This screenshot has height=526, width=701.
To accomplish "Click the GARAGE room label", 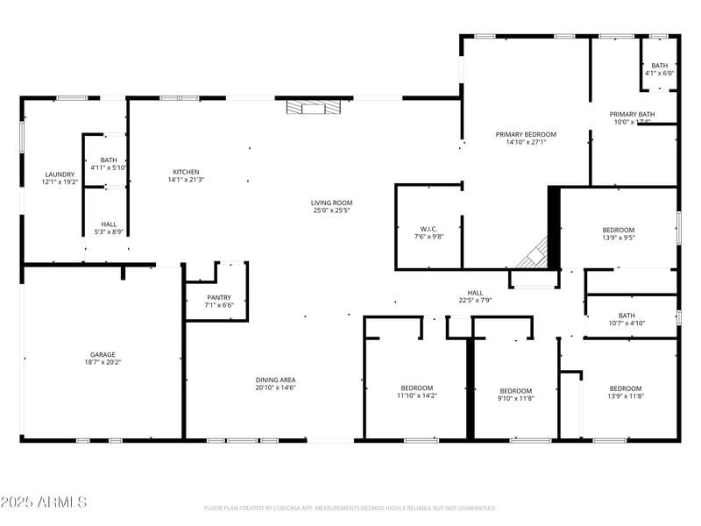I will [x=103, y=353].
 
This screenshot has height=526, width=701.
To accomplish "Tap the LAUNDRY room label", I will [x=60, y=174].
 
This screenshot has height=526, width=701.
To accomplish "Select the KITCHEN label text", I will [x=186, y=172].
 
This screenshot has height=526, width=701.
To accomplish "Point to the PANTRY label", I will [x=218, y=297].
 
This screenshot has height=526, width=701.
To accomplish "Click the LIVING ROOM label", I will [x=331, y=203].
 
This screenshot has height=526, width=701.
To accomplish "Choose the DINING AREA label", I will [x=275, y=380].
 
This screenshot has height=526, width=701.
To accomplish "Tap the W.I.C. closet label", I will [x=428, y=228].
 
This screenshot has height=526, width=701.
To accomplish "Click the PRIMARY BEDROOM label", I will [x=526, y=134].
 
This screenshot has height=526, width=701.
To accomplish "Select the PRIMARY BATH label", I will [x=632, y=114].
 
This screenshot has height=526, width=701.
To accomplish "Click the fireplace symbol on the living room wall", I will [x=313, y=108].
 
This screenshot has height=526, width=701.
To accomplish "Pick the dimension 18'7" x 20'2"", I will [x=103, y=362].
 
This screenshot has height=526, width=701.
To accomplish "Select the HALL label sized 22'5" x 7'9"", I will [x=474, y=293].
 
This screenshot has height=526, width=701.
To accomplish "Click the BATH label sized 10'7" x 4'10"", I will [x=627, y=316].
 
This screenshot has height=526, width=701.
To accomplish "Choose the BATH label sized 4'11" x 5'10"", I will [x=109, y=160].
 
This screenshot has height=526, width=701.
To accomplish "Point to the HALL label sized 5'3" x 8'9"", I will [x=109, y=224].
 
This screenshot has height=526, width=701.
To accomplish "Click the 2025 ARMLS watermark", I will [x=44, y=502].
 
